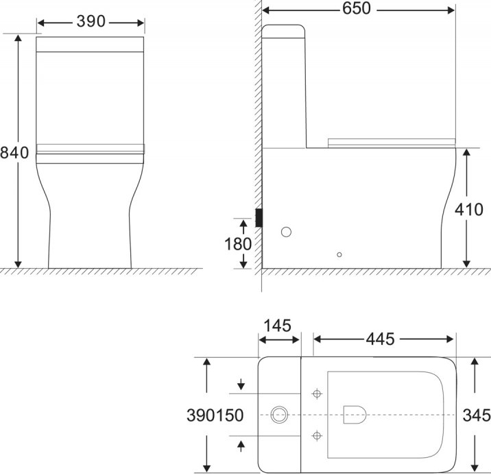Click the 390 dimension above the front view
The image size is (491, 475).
tap(91, 22)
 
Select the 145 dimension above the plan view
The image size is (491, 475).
tap(278, 324)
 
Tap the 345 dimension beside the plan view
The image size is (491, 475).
tap(475, 415)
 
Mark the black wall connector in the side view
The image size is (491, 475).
tap(259, 217)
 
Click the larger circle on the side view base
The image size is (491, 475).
tap(286, 232)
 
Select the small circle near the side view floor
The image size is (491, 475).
tap(339, 255)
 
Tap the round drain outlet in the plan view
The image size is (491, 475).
tap(279, 414)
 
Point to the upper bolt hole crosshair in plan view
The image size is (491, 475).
tap(316, 393)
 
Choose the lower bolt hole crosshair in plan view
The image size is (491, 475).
tap(316, 435)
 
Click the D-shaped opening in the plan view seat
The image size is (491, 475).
tap(353, 413)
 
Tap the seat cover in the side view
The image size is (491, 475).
tap(391, 142)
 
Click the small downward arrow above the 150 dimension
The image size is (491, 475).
tap(241, 382)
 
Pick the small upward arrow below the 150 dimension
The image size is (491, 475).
tap(241, 446)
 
